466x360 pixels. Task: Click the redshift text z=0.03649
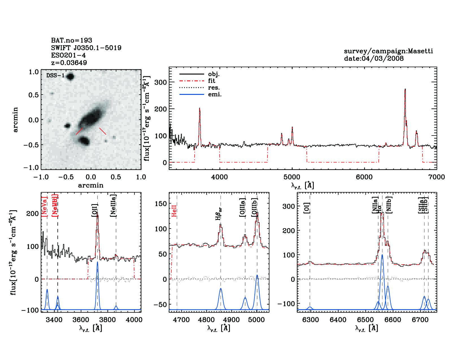(69, 63)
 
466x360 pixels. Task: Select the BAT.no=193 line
(71, 40)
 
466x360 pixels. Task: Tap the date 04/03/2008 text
(374, 58)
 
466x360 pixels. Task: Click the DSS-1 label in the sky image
(55, 75)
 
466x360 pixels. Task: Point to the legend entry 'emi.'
(215, 94)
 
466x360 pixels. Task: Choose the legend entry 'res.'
(214, 88)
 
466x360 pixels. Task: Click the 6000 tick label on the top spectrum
(364, 177)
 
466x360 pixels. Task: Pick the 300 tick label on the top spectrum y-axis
(161, 82)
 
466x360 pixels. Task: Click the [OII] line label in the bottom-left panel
(94, 210)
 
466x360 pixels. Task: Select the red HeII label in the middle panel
(174, 211)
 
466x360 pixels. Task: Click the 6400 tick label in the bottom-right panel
(338, 320)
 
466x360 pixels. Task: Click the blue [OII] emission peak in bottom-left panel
(97, 262)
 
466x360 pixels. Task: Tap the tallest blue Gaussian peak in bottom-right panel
(382, 255)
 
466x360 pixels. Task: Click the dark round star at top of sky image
(70, 76)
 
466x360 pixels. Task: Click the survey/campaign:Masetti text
(388, 51)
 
